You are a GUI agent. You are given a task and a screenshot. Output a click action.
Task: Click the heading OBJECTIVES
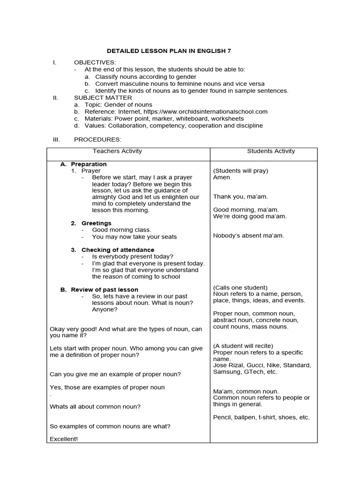coord(95,62)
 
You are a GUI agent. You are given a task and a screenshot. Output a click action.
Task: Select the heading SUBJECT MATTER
coord(100,97)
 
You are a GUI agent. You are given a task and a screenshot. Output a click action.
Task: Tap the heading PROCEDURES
coord(97,140)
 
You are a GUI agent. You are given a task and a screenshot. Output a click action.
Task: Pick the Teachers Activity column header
coord(117,151)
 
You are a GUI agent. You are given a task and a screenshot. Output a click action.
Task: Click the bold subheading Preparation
coord(89,164)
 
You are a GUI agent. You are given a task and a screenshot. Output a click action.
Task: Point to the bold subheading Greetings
coord(96,223)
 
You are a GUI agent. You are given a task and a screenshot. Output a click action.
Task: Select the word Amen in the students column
coord(222,178)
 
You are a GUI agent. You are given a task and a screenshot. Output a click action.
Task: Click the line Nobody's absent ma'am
coord(248,235)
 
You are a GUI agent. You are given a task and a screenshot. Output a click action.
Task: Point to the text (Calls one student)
coord(240,287)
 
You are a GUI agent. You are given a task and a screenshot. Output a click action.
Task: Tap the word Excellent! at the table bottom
coord(64,439)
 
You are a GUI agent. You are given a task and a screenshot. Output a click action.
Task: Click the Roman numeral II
coord(55,97)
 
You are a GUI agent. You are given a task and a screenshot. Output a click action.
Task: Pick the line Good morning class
coord(121,230)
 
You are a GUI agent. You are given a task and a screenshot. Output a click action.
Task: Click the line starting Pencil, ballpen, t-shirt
coord(261,417)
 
